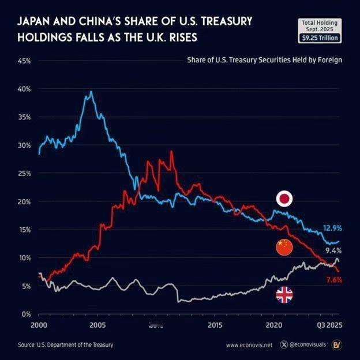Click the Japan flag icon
tap(284, 199)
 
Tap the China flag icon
tap(284, 247)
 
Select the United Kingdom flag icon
tap(284, 295)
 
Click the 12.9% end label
tap(332, 229)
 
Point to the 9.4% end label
tap(333, 251)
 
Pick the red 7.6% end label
tap(333, 280)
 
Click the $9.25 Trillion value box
tap(320, 38)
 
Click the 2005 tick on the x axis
tap(97, 325)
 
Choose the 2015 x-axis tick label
tap(215, 325)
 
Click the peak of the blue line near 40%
tap(91, 92)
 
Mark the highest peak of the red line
tap(171, 152)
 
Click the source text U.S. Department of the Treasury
tap(65, 345)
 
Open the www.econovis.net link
tap(249, 345)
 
